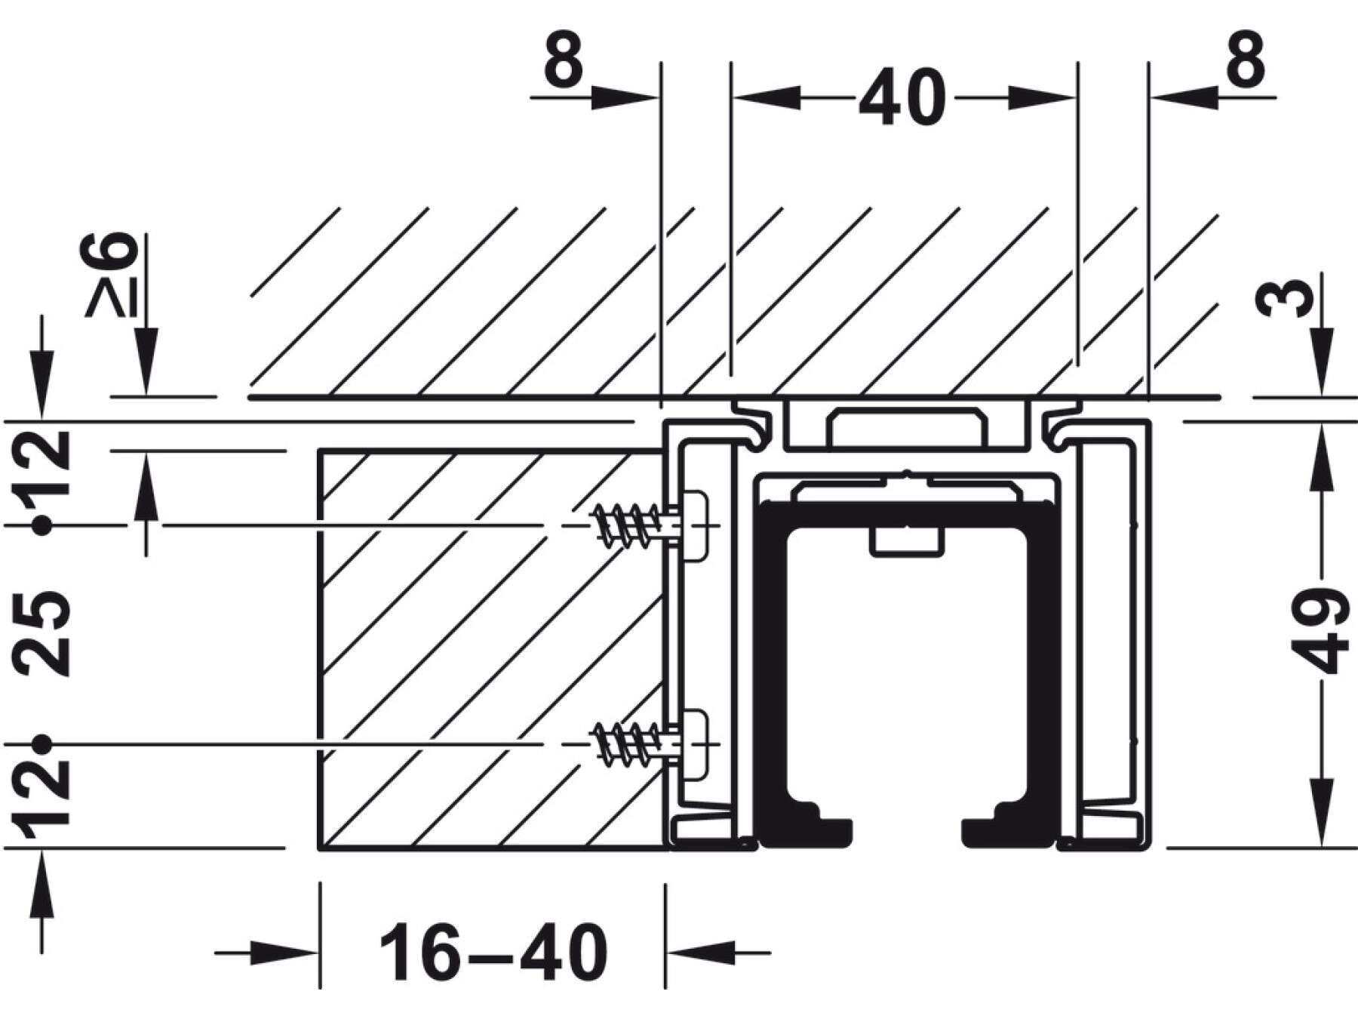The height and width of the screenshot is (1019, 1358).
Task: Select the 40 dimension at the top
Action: (x=902, y=97)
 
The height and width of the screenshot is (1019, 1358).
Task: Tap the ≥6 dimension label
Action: (x=112, y=274)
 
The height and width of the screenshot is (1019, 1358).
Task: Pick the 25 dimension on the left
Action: (x=41, y=633)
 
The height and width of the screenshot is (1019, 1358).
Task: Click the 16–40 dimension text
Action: (x=493, y=953)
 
